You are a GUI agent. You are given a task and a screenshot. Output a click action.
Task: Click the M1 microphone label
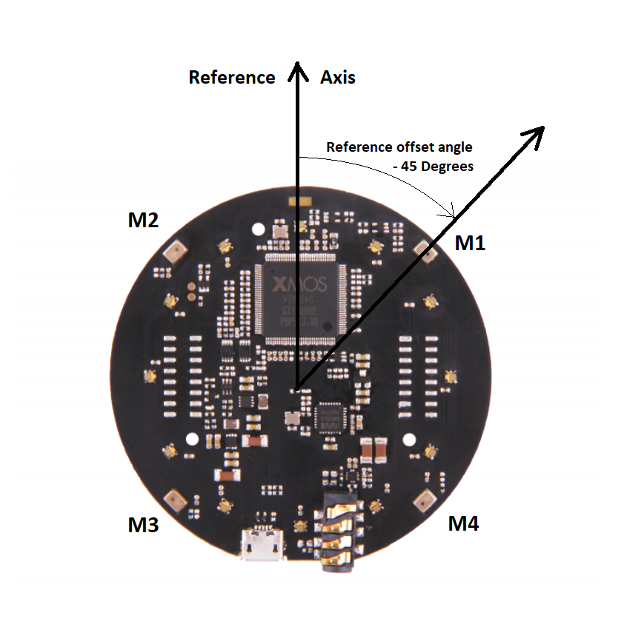point(470,243)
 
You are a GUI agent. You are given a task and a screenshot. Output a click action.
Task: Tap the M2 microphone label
point(143,220)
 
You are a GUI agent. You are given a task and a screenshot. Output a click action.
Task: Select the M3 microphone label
point(143,526)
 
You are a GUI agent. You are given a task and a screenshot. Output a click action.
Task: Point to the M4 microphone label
point(464,524)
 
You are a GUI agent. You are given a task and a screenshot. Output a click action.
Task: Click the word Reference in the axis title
point(232,77)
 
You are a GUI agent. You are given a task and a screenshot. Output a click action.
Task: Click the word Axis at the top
point(338,77)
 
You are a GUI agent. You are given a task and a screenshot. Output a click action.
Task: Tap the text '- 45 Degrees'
point(433,167)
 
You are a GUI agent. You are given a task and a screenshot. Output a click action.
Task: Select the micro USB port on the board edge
point(262,546)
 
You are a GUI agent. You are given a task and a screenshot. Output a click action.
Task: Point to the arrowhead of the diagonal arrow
point(535,133)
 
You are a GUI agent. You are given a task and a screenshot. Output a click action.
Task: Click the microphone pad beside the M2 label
point(175,252)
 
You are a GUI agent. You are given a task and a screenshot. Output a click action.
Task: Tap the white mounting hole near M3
point(192,440)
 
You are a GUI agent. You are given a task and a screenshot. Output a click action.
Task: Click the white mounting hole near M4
point(408,438)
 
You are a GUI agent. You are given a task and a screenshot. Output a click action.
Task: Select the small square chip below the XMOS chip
point(328,416)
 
